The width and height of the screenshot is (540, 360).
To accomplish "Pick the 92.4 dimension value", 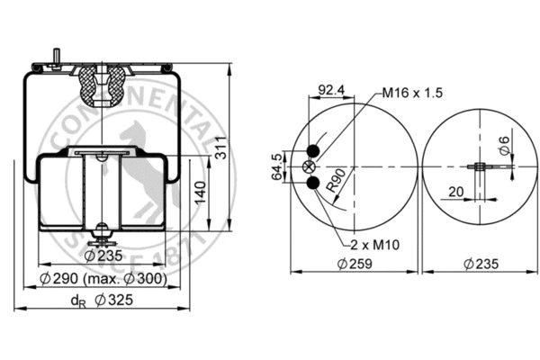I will [332, 89].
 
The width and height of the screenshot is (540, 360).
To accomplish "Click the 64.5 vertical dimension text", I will [277, 167].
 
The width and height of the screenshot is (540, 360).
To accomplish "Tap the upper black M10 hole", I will [311, 151].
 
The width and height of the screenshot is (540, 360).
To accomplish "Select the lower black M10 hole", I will [311, 184].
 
